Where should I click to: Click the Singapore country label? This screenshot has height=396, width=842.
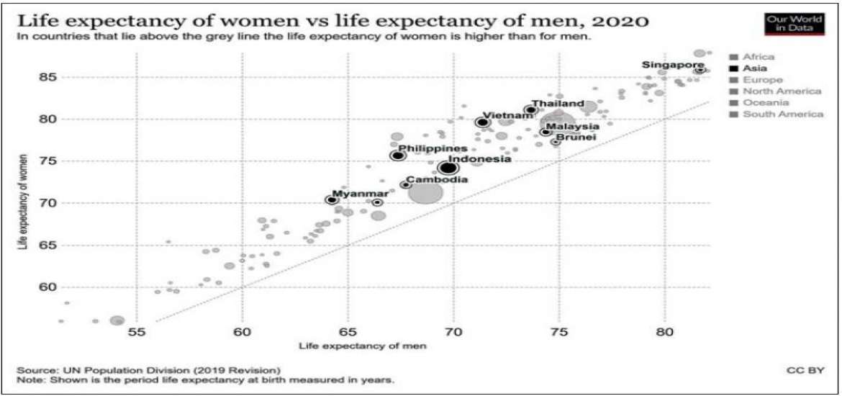click(673, 66)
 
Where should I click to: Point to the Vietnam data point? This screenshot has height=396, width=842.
click(482, 122)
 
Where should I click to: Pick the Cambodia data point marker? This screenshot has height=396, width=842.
click(405, 185)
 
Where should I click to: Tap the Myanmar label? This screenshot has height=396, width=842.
click(355, 192)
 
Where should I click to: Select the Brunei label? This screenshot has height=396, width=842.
click(576, 138)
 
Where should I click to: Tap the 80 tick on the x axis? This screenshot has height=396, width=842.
click(664, 333)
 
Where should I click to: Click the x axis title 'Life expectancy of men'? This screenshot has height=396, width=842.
click(363, 346)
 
